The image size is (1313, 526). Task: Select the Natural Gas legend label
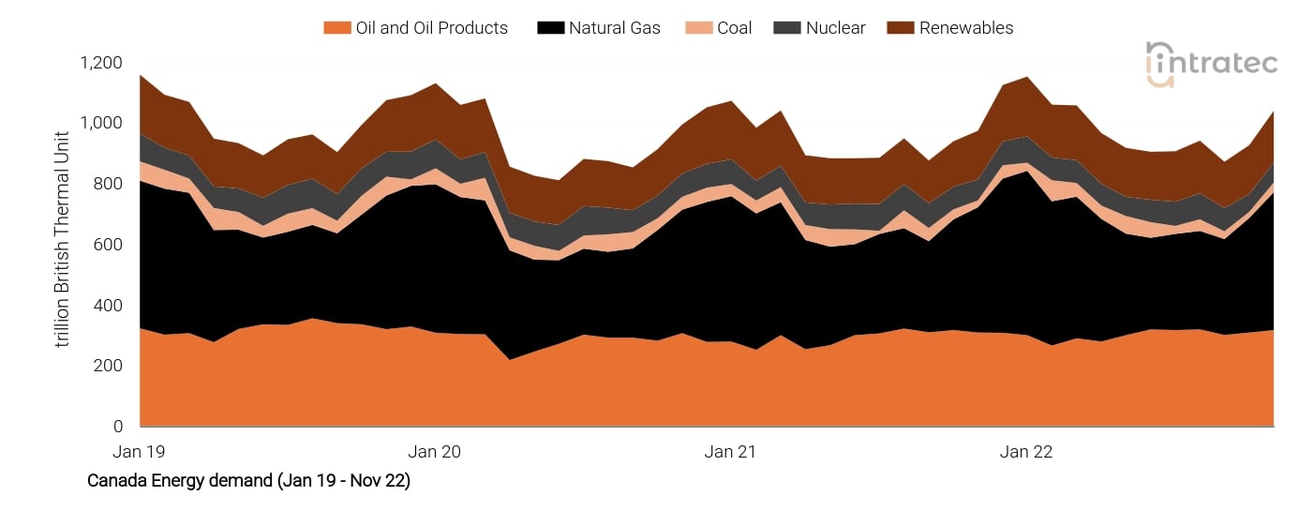click(x=614, y=28)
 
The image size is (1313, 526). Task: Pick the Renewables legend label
click(x=965, y=28)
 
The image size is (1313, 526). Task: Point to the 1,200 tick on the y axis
click(x=101, y=63)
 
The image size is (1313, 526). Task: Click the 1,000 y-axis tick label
click(x=101, y=124)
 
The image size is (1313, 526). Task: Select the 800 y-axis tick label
click(x=108, y=184)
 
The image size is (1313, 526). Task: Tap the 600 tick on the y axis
click(x=108, y=245)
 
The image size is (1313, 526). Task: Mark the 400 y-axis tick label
click(x=108, y=306)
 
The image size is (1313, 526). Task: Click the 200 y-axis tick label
click(x=108, y=366)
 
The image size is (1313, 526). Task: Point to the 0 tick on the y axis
click(x=117, y=427)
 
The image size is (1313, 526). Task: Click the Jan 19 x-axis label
click(x=139, y=452)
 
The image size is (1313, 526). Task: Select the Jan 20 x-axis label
click(x=435, y=452)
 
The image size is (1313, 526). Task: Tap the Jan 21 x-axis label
click(x=730, y=452)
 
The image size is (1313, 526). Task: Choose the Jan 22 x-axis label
click(x=1026, y=452)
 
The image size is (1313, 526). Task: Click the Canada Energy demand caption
click(x=248, y=481)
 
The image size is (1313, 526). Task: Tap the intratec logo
click(x=1211, y=64)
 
